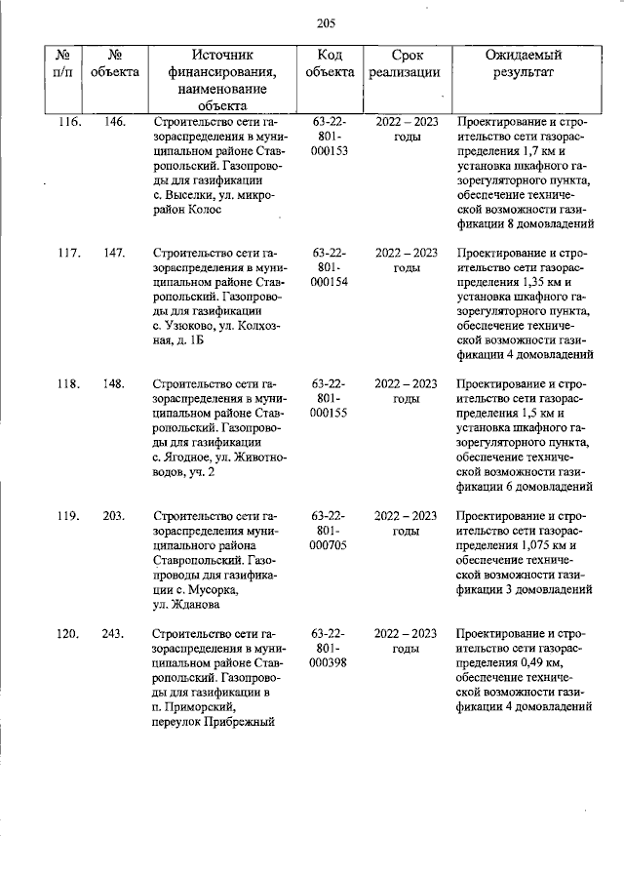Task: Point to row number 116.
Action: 67,122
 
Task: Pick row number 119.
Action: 67,516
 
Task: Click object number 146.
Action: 114,122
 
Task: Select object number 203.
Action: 114,516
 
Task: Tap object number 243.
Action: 114,634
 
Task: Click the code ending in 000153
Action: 330,151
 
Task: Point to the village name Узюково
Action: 187,327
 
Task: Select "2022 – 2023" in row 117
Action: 407,254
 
